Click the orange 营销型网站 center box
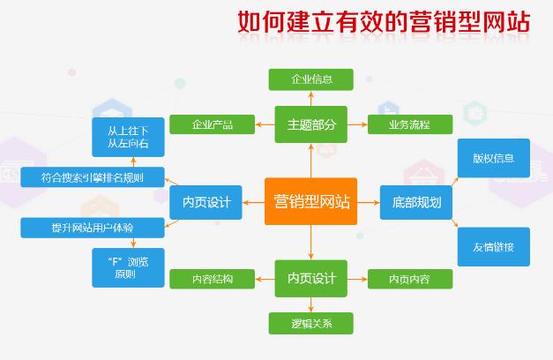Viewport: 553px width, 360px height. click(x=310, y=202)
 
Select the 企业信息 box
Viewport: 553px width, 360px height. click(x=310, y=79)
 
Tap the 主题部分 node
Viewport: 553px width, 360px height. click(x=310, y=124)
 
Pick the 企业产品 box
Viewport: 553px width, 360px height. click(x=212, y=124)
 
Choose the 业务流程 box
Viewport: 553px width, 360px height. click(x=409, y=124)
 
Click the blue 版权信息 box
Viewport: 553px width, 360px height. click(x=493, y=159)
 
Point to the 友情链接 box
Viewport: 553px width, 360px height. click(x=493, y=246)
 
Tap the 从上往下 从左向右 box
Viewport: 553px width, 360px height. click(x=128, y=134)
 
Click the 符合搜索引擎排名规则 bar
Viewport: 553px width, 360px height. click(x=92, y=177)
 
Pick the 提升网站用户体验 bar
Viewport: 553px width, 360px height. click(x=92, y=229)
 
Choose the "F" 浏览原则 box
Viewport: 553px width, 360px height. click(x=128, y=267)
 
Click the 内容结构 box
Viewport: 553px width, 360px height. click(x=212, y=280)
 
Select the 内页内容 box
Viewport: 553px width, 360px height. click(x=409, y=280)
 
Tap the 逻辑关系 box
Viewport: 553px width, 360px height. click(x=310, y=323)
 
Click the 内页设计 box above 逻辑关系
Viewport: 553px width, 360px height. click(x=310, y=279)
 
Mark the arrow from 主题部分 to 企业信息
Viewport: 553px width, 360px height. click(x=310, y=98)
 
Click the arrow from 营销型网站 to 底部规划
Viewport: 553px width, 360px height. click(x=368, y=203)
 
